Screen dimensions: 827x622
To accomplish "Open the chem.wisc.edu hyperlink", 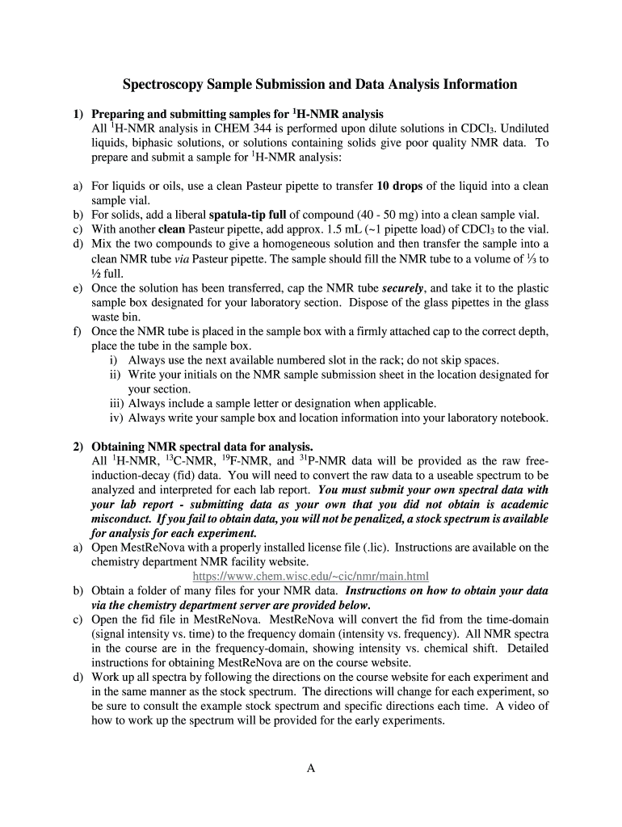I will [x=311, y=576].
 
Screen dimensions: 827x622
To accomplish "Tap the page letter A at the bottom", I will [x=311, y=768].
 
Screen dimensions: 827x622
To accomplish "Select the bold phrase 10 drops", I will [x=399, y=186].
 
